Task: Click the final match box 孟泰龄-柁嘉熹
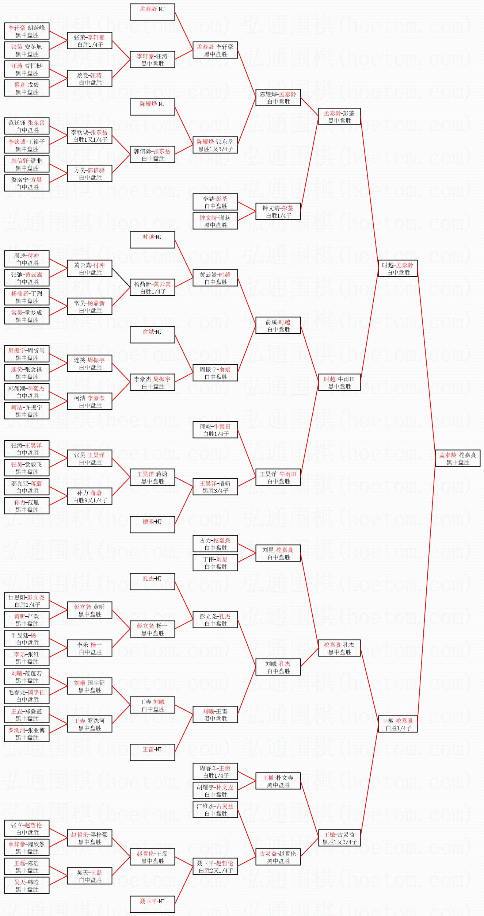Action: (458, 458)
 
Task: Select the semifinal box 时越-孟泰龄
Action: (397, 268)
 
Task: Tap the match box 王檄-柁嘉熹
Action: (397, 724)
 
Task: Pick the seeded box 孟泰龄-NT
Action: (152, 12)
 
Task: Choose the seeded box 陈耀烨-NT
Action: (152, 107)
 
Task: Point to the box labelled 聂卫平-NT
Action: (152, 904)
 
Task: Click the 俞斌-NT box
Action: (152, 335)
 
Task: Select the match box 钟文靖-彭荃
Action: (278, 211)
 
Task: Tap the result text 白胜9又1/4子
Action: (90, 500)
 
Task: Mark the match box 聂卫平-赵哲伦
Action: (215, 866)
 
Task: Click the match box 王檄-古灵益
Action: (339, 838)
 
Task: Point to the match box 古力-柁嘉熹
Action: (215, 544)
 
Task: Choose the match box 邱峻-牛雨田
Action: (215, 430)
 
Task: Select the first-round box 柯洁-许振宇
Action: (27, 411)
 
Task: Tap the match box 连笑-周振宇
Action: (89, 363)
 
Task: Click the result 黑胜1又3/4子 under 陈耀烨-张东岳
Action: (216, 149)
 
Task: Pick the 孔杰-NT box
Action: (152, 582)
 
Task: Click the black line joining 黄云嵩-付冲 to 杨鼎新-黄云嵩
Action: (121, 278)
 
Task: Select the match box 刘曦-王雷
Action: (215, 714)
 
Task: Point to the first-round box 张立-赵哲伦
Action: (27, 828)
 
